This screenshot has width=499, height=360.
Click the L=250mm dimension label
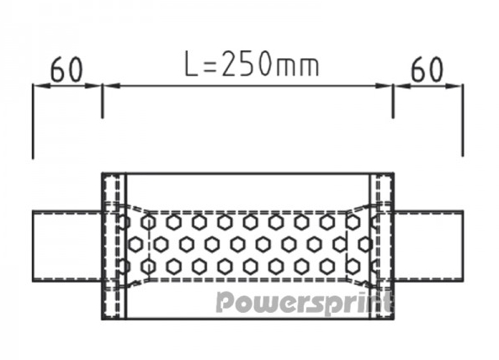(252, 64)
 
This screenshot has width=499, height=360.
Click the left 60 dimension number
(66, 69)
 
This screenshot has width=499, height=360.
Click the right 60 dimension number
(427, 69)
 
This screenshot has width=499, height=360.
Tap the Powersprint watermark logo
(304, 303)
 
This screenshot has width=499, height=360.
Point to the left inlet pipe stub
(66, 246)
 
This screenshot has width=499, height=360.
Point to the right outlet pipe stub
(428, 246)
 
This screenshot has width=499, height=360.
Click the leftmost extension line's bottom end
(33, 158)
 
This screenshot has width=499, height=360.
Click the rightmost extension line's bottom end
(463, 156)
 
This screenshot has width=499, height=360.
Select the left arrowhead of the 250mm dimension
(112, 86)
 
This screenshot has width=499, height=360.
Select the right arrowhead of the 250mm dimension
(384, 86)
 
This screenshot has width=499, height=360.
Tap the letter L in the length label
(192, 64)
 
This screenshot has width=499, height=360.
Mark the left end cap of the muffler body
(114, 246)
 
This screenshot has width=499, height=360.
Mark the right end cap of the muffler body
(381, 246)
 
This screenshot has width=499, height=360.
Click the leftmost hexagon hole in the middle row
(135, 244)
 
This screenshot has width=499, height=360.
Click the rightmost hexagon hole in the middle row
(365, 244)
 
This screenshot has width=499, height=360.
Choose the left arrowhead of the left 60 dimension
(42, 86)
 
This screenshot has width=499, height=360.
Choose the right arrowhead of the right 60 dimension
(454, 86)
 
